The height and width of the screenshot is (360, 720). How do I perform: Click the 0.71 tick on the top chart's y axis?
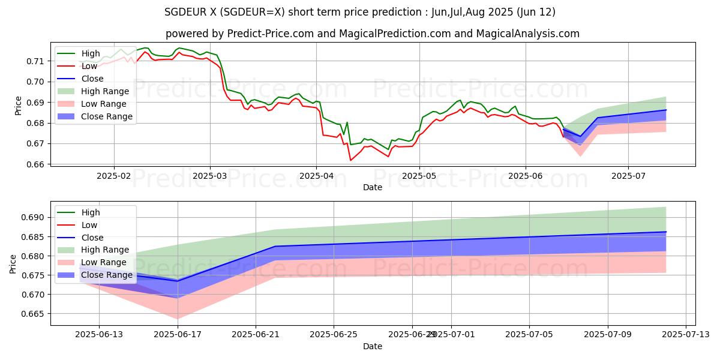pyautogui.click(x=35, y=61)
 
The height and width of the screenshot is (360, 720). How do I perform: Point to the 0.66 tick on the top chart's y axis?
pyautogui.click(x=35, y=164)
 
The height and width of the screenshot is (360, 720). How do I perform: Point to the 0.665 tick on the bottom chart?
pyautogui.click(x=33, y=314)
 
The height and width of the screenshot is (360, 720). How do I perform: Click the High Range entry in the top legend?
pyautogui.click(x=105, y=91)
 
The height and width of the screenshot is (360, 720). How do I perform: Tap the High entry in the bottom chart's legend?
pyautogui.click(x=91, y=212)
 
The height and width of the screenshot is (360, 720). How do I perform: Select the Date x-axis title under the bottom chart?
pyautogui.click(x=373, y=346)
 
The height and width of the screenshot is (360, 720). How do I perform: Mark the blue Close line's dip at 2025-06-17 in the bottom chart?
pyautogui.click(x=178, y=281)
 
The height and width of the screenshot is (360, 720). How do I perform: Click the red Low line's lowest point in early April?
pyautogui.click(x=350, y=160)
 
